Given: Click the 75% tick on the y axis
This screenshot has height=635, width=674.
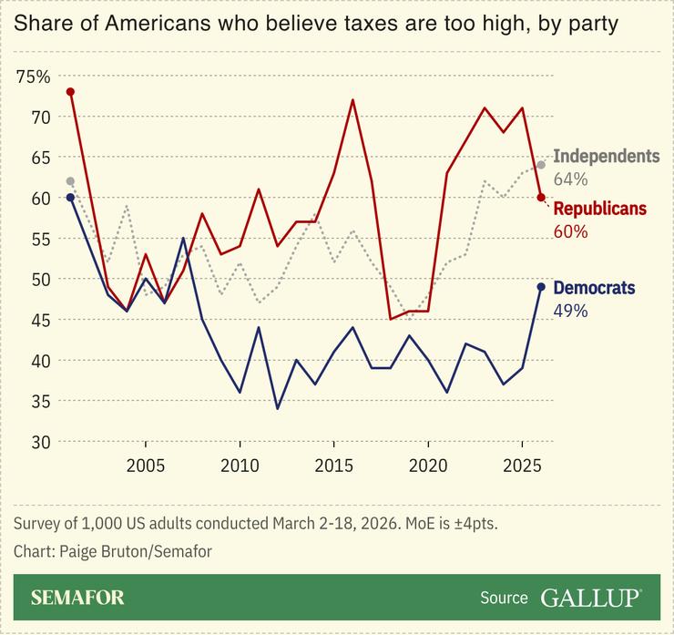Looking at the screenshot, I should pyautogui.click(x=34, y=76).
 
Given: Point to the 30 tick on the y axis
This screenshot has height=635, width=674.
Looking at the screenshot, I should pyautogui.click(x=41, y=442).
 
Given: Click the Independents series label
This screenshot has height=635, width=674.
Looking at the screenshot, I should pyautogui.click(x=606, y=156).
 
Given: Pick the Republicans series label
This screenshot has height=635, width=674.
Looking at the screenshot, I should pyautogui.click(x=599, y=209).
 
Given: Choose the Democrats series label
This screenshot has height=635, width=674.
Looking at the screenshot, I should pyautogui.click(x=594, y=288).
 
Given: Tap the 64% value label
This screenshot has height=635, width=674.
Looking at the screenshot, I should pyautogui.click(x=571, y=179).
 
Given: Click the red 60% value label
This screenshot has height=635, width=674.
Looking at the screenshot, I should pyautogui.click(x=571, y=231).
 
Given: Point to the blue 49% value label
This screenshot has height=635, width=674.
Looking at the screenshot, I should pyautogui.click(x=571, y=311).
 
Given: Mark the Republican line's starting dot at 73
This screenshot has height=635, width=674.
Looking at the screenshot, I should pyautogui.click(x=70, y=92).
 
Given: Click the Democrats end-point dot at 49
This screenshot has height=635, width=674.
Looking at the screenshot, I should pyautogui.click(x=541, y=287).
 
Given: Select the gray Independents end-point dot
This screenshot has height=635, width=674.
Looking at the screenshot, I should pyautogui.click(x=541, y=165).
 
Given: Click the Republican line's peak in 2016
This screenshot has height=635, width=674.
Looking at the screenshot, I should pyautogui.click(x=352, y=100).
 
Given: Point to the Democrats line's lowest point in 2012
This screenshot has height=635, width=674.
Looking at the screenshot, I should pyautogui.click(x=278, y=409).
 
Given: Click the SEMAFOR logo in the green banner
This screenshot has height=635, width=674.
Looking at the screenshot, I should pyautogui.click(x=77, y=598).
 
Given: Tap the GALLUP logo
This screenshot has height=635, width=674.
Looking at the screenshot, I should pyautogui.click(x=591, y=598).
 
